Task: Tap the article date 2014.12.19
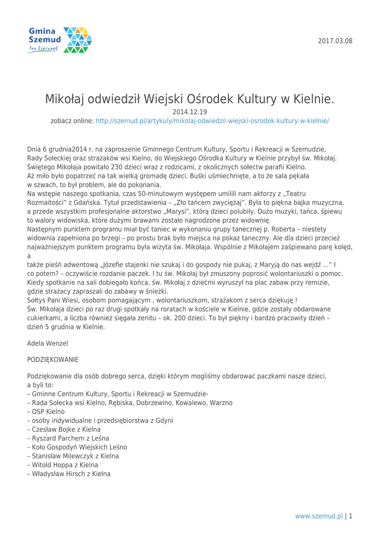[190, 112]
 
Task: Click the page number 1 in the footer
[350, 515]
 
